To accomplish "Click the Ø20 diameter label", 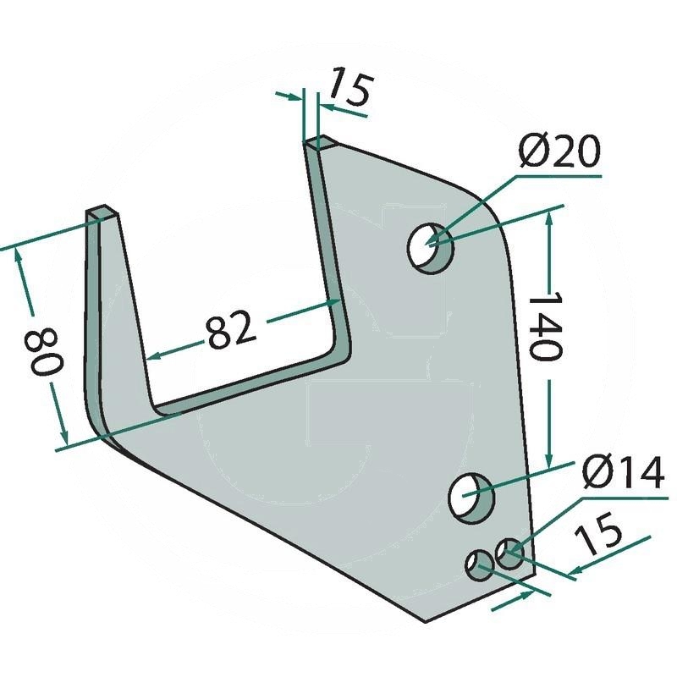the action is click(559, 151).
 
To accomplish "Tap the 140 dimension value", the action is click(545, 325).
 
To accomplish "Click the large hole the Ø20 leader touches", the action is click(430, 248).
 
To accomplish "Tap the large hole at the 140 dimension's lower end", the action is click(471, 498).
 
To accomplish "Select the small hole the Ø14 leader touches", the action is click(510, 554).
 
